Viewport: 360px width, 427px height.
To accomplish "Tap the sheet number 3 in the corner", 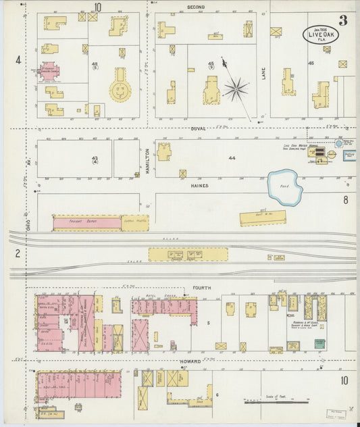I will point(343,20).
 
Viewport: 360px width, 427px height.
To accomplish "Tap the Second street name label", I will point(196,7).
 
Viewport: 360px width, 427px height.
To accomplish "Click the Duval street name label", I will point(198,128).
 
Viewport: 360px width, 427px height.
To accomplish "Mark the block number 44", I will point(232,157).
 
